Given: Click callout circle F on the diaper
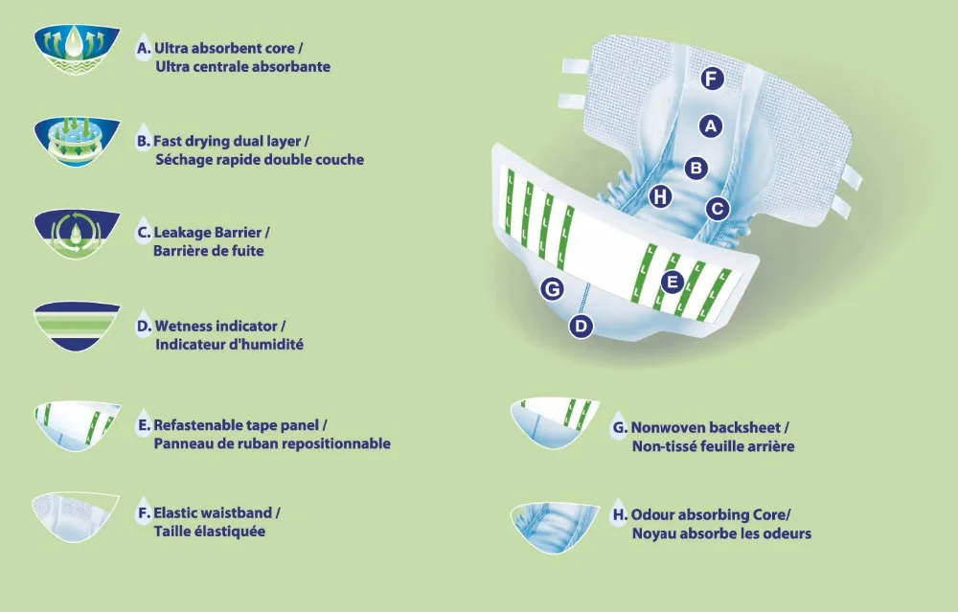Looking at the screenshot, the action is tap(711, 79).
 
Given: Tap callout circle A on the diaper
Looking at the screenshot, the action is tap(710, 125).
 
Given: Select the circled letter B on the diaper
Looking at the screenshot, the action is tap(696, 169).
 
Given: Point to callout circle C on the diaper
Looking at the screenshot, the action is tap(718, 208).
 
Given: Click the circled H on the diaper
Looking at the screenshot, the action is tap(659, 197).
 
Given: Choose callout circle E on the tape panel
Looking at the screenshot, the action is tap(672, 282).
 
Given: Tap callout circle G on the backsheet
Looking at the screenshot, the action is tap(551, 287).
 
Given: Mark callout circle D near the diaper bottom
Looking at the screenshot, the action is tap(581, 327).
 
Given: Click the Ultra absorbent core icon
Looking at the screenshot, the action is tap(77, 52).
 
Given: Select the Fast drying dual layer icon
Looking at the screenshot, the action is tap(77, 145).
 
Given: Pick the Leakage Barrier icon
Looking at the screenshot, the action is tap(77, 236).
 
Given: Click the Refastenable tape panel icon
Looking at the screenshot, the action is tap(77, 426).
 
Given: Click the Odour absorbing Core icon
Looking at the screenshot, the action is tap(556, 526).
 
